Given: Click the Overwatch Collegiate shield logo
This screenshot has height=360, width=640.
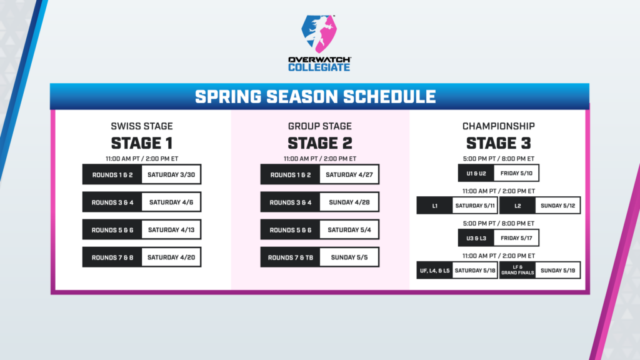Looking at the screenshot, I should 319,34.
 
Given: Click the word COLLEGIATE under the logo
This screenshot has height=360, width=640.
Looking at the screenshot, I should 319,67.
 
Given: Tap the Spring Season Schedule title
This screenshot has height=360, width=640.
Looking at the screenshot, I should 319,97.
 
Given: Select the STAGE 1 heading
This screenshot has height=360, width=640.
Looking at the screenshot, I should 141,142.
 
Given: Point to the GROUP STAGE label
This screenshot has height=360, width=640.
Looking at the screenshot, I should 319,126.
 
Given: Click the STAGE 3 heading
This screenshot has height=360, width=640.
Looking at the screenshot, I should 499,142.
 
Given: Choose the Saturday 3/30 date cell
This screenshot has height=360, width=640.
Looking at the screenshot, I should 171,175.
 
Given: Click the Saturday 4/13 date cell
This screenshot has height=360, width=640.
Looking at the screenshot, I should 171,230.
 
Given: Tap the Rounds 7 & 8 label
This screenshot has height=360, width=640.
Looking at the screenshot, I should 112,257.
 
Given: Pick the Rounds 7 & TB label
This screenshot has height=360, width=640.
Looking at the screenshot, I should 290,257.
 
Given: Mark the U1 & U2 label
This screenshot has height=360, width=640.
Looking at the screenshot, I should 476,173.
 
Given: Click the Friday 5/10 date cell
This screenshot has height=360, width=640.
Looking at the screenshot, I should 516,173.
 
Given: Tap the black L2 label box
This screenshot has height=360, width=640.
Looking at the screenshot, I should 517,205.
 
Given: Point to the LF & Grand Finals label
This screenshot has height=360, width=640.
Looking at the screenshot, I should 517,271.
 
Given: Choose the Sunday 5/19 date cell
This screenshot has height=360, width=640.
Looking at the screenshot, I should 561,271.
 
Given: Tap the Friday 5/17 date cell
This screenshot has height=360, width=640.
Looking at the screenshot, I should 516,238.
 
